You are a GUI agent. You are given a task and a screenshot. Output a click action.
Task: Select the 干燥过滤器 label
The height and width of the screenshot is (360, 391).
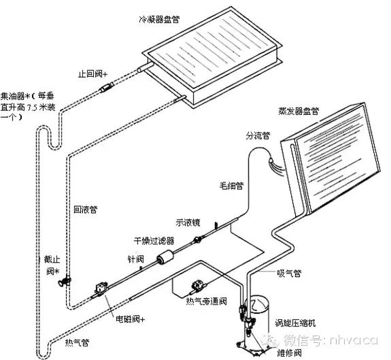[x=154, y=240]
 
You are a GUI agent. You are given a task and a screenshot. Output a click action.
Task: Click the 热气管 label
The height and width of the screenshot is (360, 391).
[x=75, y=341]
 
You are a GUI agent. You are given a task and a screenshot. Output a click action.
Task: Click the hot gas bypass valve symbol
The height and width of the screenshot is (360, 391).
[x=199, y=284]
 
